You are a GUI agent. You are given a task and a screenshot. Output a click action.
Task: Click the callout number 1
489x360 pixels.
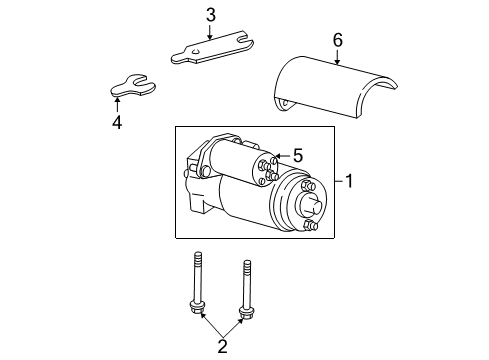tap(349, 181)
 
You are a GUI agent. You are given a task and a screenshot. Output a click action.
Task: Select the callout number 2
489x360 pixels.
tap(223, 347)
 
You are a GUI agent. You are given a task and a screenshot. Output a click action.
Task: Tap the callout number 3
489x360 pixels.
tap(210, 14)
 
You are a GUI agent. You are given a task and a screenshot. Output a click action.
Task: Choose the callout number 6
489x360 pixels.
tap(337, 40)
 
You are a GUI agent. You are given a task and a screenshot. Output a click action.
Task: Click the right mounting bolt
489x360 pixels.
tap(244, 286)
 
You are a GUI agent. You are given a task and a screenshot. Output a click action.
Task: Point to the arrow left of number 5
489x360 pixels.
tap(279, 155)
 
